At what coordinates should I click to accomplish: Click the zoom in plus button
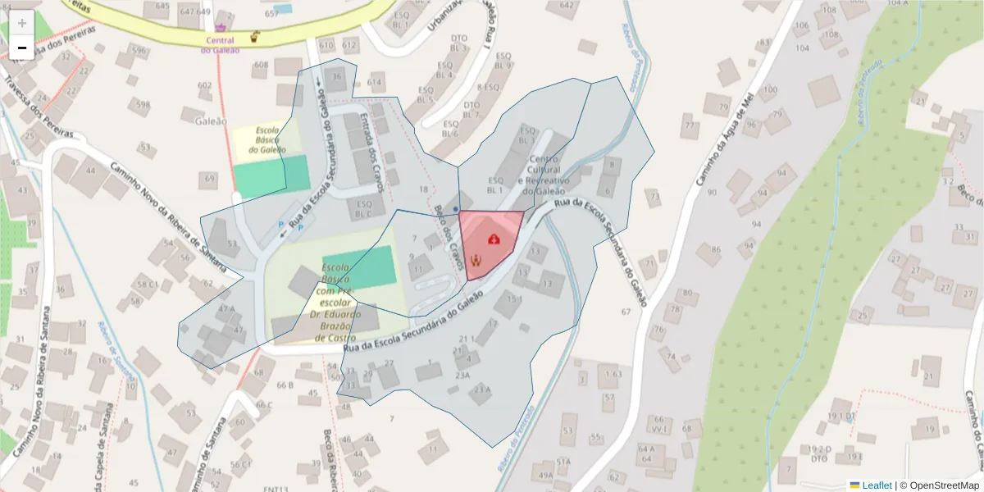(x=21, y=23)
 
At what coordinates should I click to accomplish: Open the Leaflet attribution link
(x=876, y=485)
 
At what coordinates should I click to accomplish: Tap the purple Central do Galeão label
(x=220, y=44)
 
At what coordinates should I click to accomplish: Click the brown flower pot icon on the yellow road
(x=256, y=36)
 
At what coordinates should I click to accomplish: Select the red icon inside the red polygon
(x=494, y=239)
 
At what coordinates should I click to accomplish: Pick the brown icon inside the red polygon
(x=476, y=261)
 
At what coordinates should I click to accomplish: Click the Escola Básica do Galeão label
(x=267, y=140)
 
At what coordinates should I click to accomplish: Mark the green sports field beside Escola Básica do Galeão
(x=271, y=175)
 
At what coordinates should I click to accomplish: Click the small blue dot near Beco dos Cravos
(x=456, y=210)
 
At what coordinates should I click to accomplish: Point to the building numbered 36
(x=336, y=77)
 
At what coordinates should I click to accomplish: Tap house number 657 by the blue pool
(x=271, y=14)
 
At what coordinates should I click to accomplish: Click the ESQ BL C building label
(x=364, y=209)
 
